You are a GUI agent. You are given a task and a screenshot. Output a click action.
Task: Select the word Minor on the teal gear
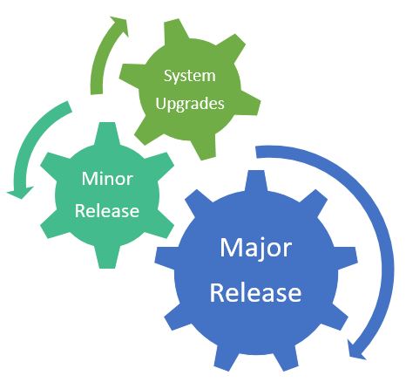106,179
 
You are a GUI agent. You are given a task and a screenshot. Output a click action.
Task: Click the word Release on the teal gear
106,210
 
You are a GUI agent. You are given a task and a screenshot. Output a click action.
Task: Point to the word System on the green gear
189,76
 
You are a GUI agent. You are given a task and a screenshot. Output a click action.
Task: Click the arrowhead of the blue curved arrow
356,350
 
